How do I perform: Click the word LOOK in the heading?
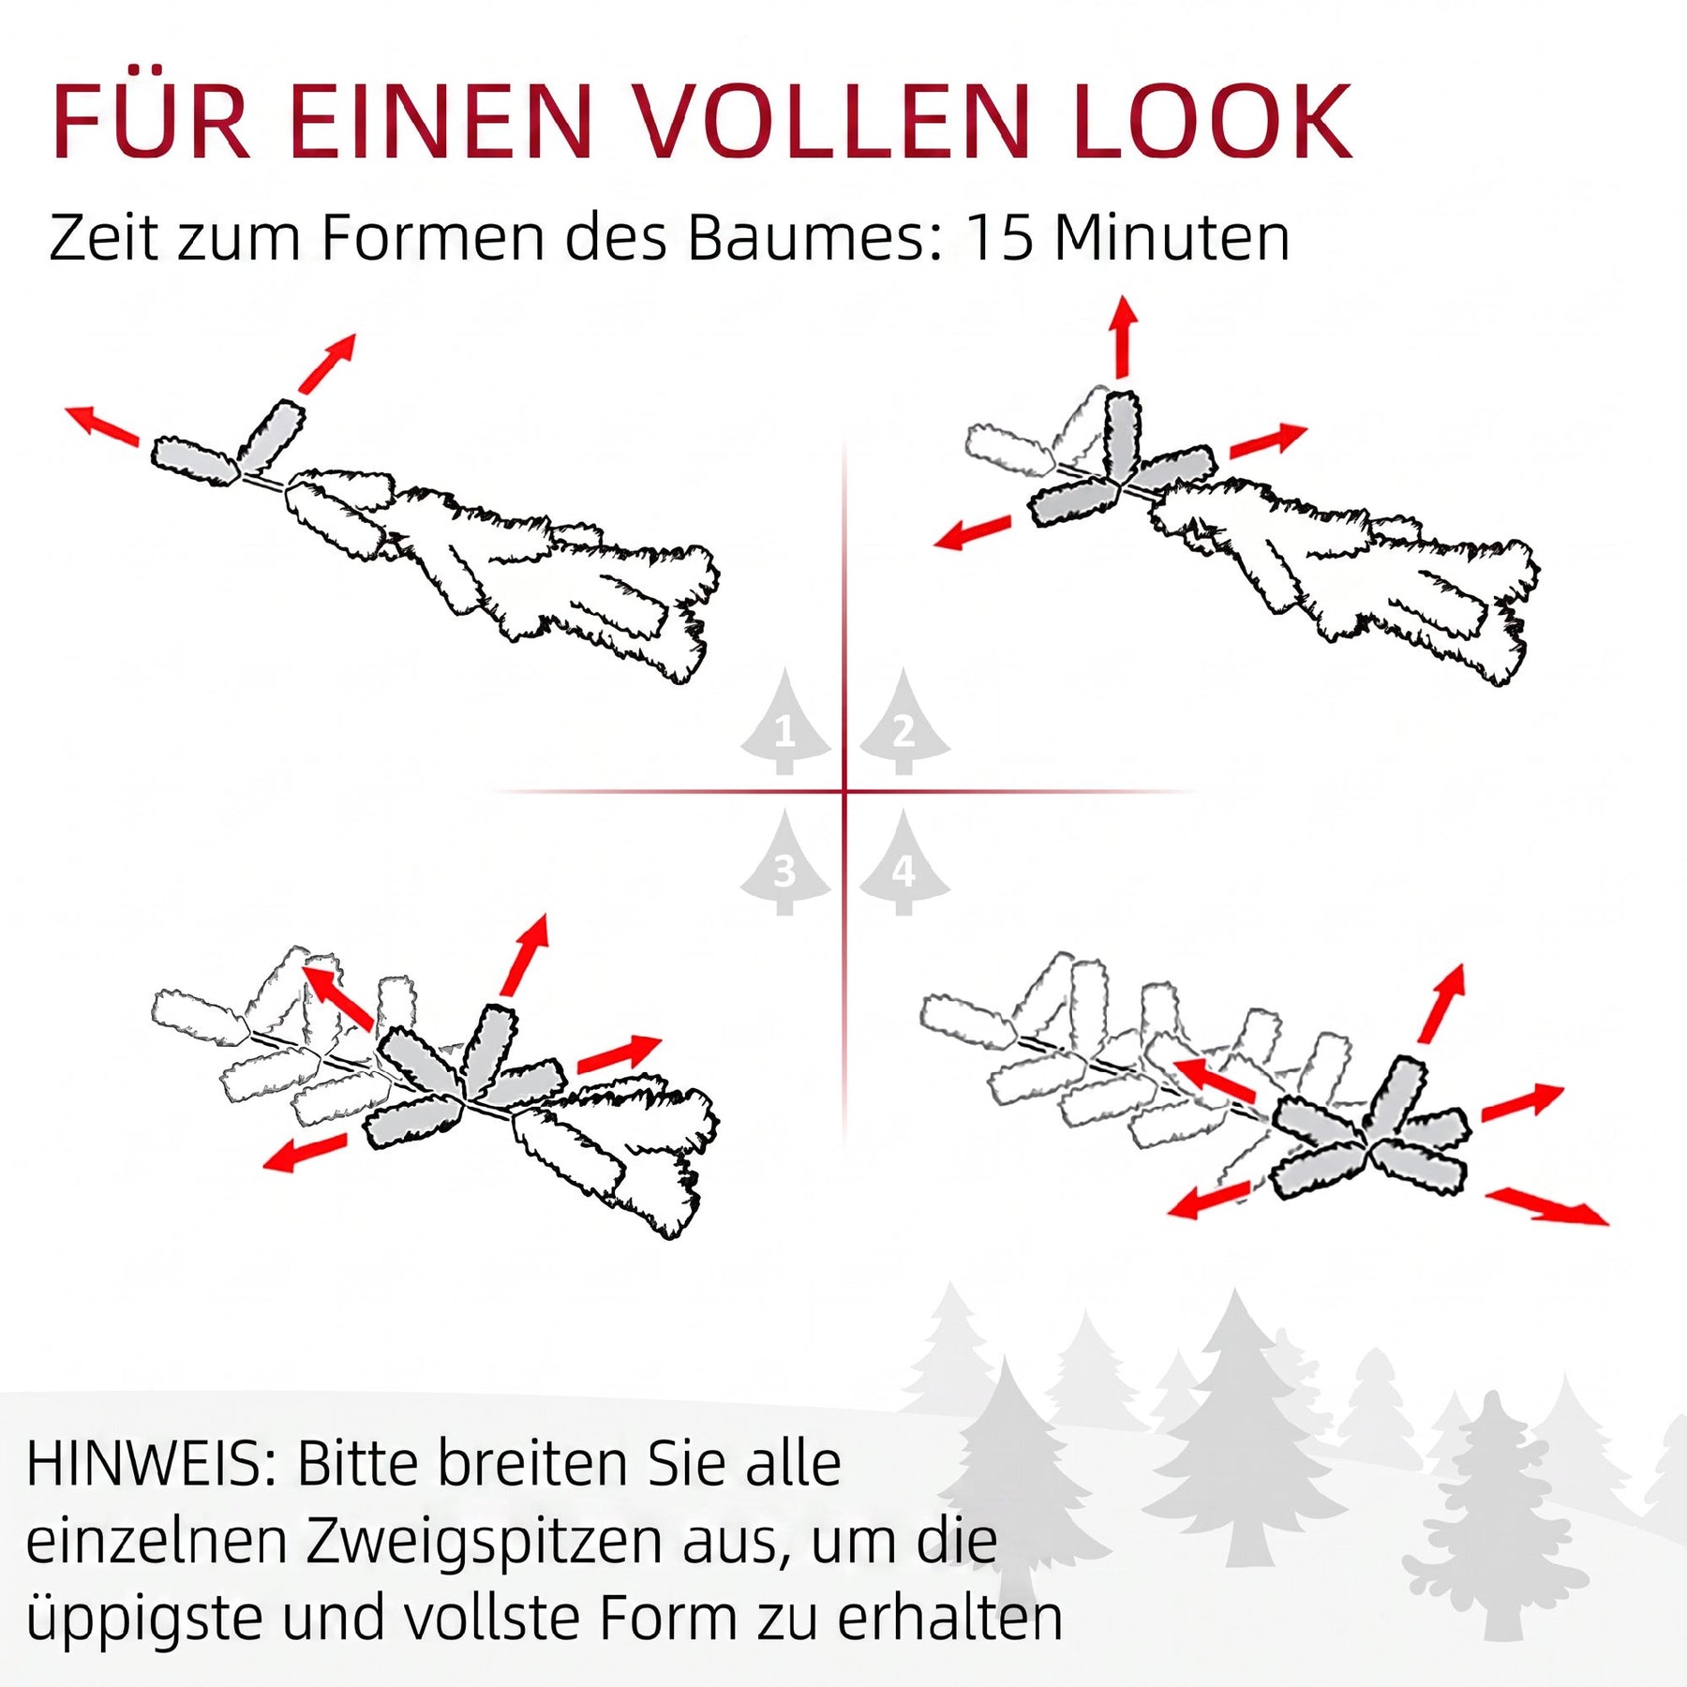[x=1213, y=123]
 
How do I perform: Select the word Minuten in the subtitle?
[x=1172, y=238]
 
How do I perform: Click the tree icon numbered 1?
[x=785, y=723]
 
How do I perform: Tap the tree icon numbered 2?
[x=904, y=723]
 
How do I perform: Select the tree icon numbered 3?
[x=785, y=863]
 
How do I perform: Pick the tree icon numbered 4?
[x=904, y=863]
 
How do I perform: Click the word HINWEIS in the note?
[x=151, y=1464]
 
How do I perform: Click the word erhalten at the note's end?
[x=950, y=1619]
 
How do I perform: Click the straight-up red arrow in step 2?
[x=1125, y=337]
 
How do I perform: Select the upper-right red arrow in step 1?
[x=328, y=363]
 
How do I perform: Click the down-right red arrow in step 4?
[x=1547, y=1206]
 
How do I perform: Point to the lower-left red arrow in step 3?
[x=306, y=1153]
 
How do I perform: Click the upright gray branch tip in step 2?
[x=1122, y=438]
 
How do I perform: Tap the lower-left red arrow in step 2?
[x=974, y=532]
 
